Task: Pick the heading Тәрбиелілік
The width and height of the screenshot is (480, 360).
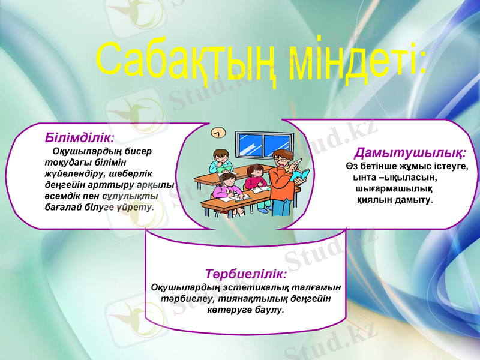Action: click(x=246, y=274)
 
